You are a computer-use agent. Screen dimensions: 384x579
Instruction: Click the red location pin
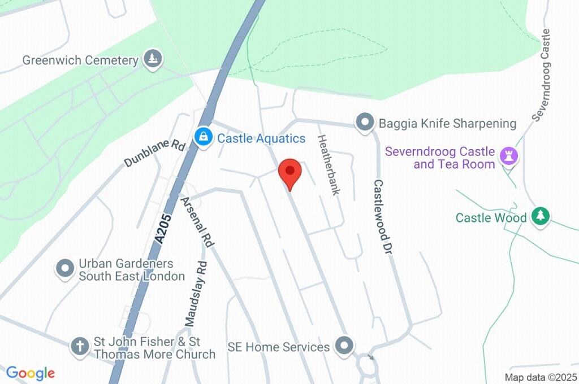click(x=290, y=172)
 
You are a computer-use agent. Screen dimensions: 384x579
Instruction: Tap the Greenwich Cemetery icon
click(x=153, y=59)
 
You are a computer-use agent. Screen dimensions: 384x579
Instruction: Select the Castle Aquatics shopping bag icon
click(x=203, y=137)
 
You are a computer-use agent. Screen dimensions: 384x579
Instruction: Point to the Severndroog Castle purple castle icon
click(x=510, y=158)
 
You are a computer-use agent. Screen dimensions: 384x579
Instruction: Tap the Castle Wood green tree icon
click(x=541, y=217)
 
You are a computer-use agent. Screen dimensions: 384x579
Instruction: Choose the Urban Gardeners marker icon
click(x=66, y=269)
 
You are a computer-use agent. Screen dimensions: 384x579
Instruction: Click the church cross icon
click(x=80, y=347)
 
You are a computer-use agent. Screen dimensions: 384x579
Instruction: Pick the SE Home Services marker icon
click(x=343, y=346)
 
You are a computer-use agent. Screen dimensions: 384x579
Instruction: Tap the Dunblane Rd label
click(x=154, y=153)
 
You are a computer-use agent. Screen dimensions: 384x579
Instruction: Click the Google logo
click(x=30, y=373)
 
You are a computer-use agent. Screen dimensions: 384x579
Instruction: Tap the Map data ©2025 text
click(x=540, y=377)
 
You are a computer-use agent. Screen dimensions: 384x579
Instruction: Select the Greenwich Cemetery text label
click(x=80, y=60)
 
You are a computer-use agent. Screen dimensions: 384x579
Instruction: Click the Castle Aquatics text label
click(x=261, y=138)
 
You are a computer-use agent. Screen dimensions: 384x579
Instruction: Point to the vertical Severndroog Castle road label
click(x=541, y=75)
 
